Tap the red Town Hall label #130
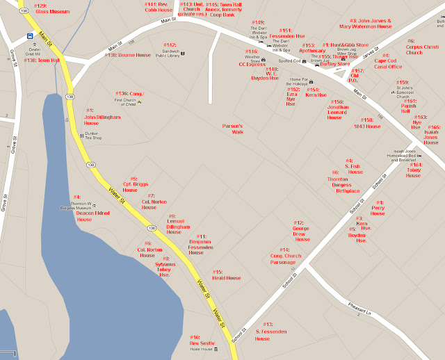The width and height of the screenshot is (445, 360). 42,60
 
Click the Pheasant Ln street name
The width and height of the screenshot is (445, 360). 361,306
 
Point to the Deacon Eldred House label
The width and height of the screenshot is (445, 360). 92,216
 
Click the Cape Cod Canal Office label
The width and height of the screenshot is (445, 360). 388,63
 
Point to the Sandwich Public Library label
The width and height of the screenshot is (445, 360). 169,51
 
